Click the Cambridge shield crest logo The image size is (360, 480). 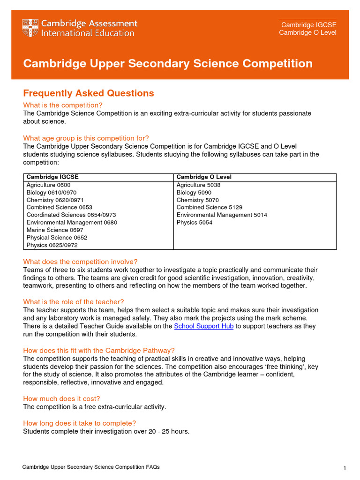(30, 28)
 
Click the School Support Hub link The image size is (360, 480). (203, 326)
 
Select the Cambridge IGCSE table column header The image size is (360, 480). (52, 177)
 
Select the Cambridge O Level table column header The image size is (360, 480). (204, 177)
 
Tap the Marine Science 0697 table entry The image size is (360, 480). (54, 230)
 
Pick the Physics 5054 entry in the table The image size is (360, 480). (194, 223)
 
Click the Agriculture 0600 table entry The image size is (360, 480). (48, 185)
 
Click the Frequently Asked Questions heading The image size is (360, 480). (89, 93)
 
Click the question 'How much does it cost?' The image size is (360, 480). (61, 399)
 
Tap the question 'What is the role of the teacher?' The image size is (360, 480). (74, 302)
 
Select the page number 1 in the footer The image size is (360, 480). (345, 468)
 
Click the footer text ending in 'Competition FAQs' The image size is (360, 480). (91, 467)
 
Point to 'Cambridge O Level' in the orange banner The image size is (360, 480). (307, 33)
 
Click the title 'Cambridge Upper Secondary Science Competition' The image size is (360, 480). (168, 64)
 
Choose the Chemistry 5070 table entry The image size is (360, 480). (197, 200)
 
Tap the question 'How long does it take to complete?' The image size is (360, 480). (80, 423)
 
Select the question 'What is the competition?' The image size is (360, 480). (63, 105)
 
